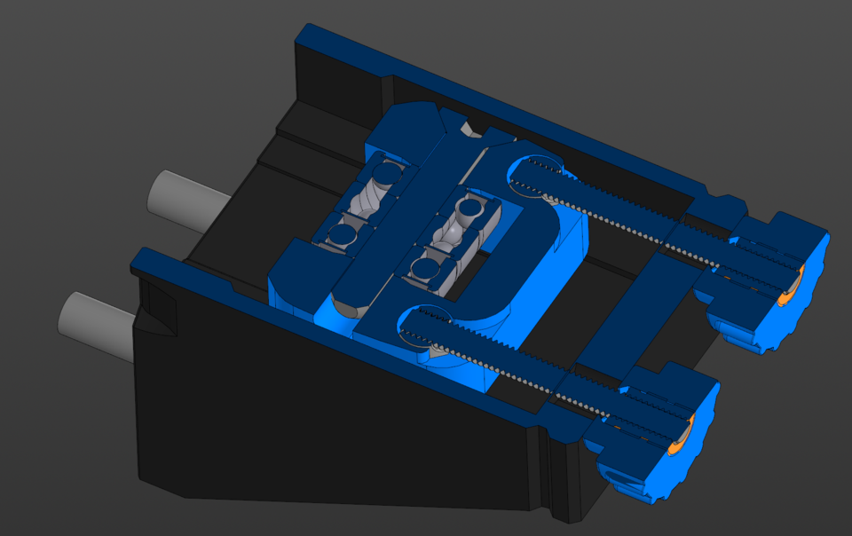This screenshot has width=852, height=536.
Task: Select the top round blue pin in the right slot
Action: coord(469,209)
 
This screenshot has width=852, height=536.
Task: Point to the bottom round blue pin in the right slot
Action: coord(426,268)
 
